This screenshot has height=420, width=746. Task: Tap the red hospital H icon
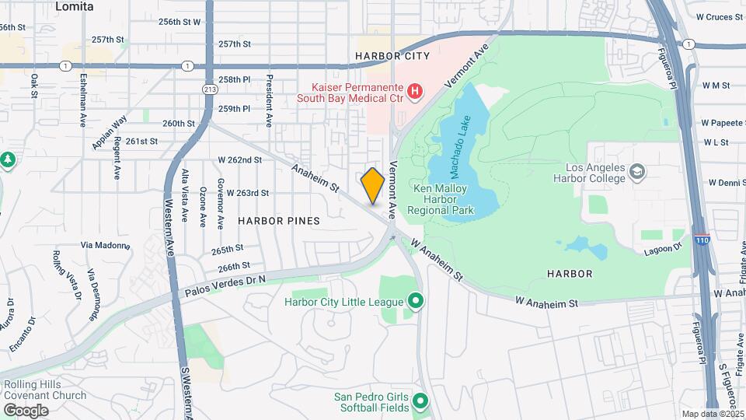(415, 92)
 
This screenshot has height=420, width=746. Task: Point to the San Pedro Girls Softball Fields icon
(420, 402)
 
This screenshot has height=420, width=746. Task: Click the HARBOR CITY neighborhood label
(392, 57)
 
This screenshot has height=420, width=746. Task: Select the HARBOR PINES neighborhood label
(278, 221)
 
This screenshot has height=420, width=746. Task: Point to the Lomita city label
(75, 6)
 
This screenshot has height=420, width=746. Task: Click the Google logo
(26, 410)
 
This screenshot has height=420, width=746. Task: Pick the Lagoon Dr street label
(662, 248)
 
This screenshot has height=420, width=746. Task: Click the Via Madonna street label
(104, 244)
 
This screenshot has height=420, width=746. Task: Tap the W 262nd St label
(239, 159)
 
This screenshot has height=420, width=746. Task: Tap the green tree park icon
(8, 159)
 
